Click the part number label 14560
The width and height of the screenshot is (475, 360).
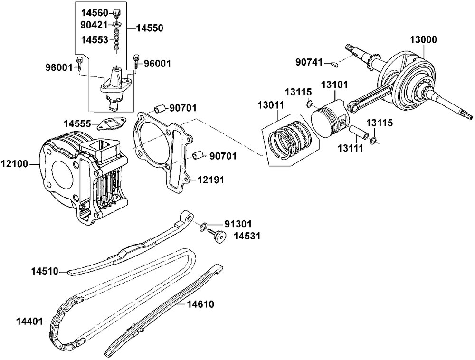(94, 13)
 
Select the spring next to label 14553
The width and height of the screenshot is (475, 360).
(117, 40)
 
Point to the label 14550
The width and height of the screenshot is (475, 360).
(150, 28)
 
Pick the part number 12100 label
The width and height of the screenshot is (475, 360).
(14, 164)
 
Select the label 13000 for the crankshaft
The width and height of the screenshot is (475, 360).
(424, 40)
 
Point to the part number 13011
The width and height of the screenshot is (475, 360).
(271, 105)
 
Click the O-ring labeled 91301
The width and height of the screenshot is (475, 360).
(204, 227)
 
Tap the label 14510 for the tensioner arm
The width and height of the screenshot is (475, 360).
(45, 271)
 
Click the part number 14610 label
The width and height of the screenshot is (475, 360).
(200, 304)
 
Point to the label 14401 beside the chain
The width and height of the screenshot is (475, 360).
(29, 321)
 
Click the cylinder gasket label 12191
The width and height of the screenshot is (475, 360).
(211, 180)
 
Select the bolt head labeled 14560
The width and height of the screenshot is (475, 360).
(117, 13)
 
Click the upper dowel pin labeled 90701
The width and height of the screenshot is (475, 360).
(160, 108)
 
